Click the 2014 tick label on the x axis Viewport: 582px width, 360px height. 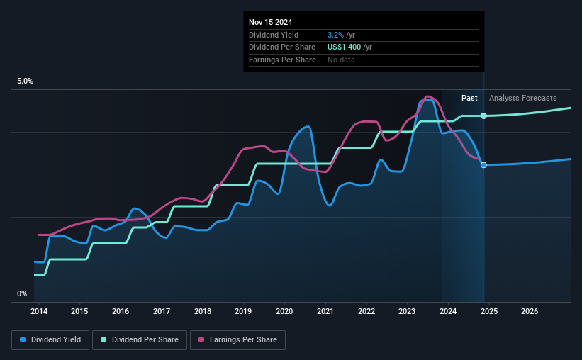click(x=38, y=311)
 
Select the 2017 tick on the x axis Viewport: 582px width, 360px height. click(x=162, y=311)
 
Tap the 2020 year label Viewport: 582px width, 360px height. click(x=284, y=311)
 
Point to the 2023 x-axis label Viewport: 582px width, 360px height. click(x=407, y=311)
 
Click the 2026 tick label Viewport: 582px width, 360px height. click(x=530, y=311)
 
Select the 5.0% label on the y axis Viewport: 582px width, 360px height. click(x=26, y=81)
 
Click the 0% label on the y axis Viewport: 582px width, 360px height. click(x=22, y=293)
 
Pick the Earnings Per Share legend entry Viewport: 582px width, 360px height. click(x=237, y=340)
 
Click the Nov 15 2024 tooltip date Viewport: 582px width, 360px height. click(x=271, y=22)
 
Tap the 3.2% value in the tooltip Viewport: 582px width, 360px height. click(x=336, y=35)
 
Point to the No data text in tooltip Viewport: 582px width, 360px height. click(x=341, y=60)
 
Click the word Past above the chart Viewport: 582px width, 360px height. click(x=469, y=98)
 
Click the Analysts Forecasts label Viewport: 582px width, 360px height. click(x=522, y=98)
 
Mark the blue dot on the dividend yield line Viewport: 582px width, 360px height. click(x=483, y=165)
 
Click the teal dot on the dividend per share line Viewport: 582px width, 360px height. click(x=483, y=116)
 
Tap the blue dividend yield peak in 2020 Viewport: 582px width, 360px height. click(x=307, y=127)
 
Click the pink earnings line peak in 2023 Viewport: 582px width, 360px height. click(x=428, y=96)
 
